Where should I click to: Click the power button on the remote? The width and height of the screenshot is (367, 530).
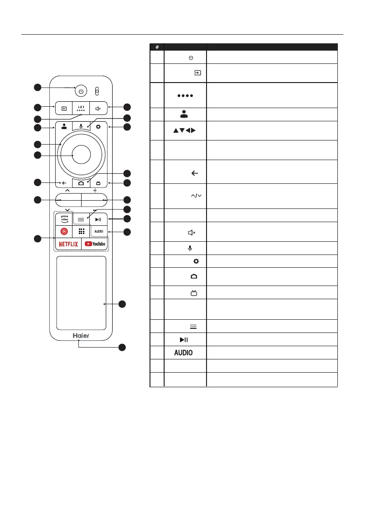[81, 91]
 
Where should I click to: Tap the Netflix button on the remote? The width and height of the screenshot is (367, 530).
[68, 244]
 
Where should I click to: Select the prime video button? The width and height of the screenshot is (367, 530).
[64, 219]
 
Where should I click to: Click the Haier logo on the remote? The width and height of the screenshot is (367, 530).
[81, 335]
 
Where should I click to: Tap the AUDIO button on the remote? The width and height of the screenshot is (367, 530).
[99, 231]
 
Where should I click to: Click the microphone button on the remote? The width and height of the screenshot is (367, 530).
[81, 127]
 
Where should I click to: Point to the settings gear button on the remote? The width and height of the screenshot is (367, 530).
[98, 127]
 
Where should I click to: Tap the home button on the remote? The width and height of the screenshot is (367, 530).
[81, 183]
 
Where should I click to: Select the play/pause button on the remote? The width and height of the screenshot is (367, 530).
[98, 219]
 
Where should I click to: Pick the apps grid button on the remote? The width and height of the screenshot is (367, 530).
[81, 231]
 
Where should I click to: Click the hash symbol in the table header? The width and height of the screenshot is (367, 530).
[157, 47]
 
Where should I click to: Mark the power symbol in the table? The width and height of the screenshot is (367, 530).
[191, 57]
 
